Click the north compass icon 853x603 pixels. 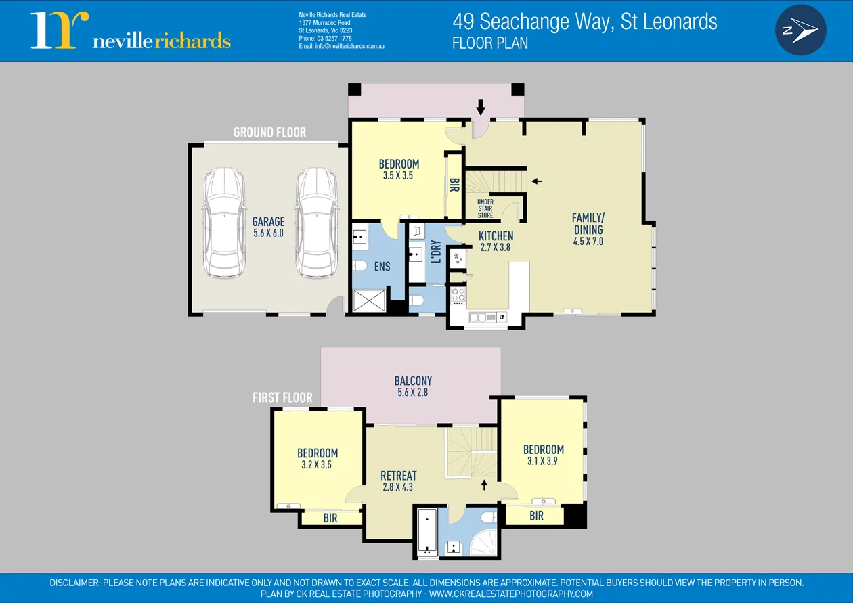pyautogui.click(x=801, y=30)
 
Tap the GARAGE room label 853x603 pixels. pyautogui.click(x=268, y=227)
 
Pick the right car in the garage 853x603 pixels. pyautogui.click(x=316, y=221)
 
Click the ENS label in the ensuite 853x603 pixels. pyautogui.click(x=382, y=267)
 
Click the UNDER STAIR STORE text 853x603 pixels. pyautogui.click(x=485, y=208)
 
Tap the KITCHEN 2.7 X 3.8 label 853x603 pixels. pyautogui.click(x=496, y=242)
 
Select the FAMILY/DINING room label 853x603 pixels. pyautogui.click(x=588, y=229)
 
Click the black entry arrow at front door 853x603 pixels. pyautogui.click(x=481, y=107)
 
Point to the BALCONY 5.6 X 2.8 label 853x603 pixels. pyautogui.click(x=413, y=386)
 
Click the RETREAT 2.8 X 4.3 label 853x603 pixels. pyautogui.click(x=398, y=481)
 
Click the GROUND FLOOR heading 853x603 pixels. pyautogui.click(x=269, y=132)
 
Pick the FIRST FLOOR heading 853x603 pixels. pyautogui.click(x=282, y=397)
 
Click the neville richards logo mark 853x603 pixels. pyautogui.click(x=60, y=30)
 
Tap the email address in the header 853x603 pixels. pyautogui.click(x=342, y=46)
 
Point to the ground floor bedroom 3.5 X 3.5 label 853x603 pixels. pyautogui.click(x=399, y=169)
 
